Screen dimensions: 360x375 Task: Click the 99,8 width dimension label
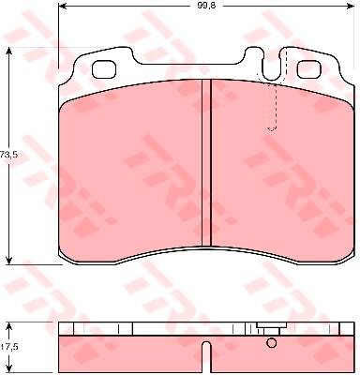(205, 6)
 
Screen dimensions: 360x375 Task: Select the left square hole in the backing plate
(104, 69)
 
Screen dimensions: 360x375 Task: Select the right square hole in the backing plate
(309, 69)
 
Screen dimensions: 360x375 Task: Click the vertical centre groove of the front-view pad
(206, 162)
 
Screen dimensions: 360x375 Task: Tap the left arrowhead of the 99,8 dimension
(63, 6)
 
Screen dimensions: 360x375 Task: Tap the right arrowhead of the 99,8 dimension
(351, 6)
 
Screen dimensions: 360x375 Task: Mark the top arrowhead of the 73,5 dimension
(9, 52)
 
